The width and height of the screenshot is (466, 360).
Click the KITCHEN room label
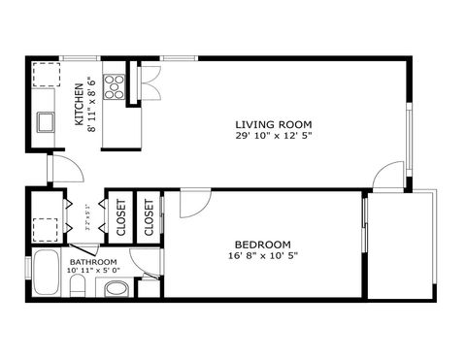coord(80,104)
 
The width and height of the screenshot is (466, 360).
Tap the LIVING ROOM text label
coord(274,123)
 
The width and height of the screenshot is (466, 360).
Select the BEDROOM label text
coord(262,245)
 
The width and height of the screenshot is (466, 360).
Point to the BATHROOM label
coord(93,262)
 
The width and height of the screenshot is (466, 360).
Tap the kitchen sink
coord(46,121)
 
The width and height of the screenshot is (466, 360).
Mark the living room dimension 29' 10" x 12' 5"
coord(274,135)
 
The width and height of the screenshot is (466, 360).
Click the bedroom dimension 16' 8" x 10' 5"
coord(262,256)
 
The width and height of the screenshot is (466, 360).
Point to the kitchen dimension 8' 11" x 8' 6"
coord(91,104)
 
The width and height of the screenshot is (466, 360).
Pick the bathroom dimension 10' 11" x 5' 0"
coord(93,272)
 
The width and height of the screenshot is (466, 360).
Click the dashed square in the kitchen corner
coord(45,75)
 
